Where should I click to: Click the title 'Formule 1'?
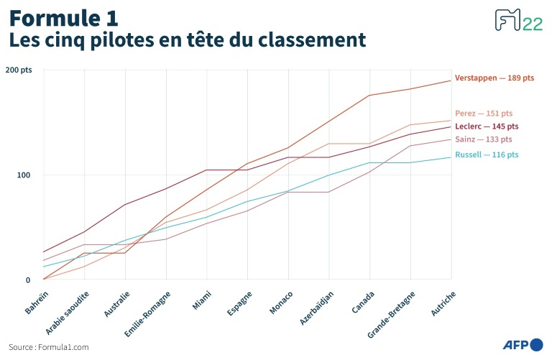pos(64,17)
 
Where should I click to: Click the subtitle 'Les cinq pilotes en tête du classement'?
pos(186,40)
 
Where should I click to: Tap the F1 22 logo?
pos(518,22)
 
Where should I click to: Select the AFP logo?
pos(522,346)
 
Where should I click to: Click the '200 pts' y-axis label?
pos(19,70)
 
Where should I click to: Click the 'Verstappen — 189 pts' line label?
pos(494,78)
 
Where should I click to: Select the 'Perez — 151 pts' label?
pos(484,114)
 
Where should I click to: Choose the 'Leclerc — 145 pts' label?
pos(487,126)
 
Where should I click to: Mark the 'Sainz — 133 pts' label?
pos(484,139)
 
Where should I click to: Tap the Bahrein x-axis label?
pos(37,301)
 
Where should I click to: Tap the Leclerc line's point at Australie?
pos(125,205)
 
